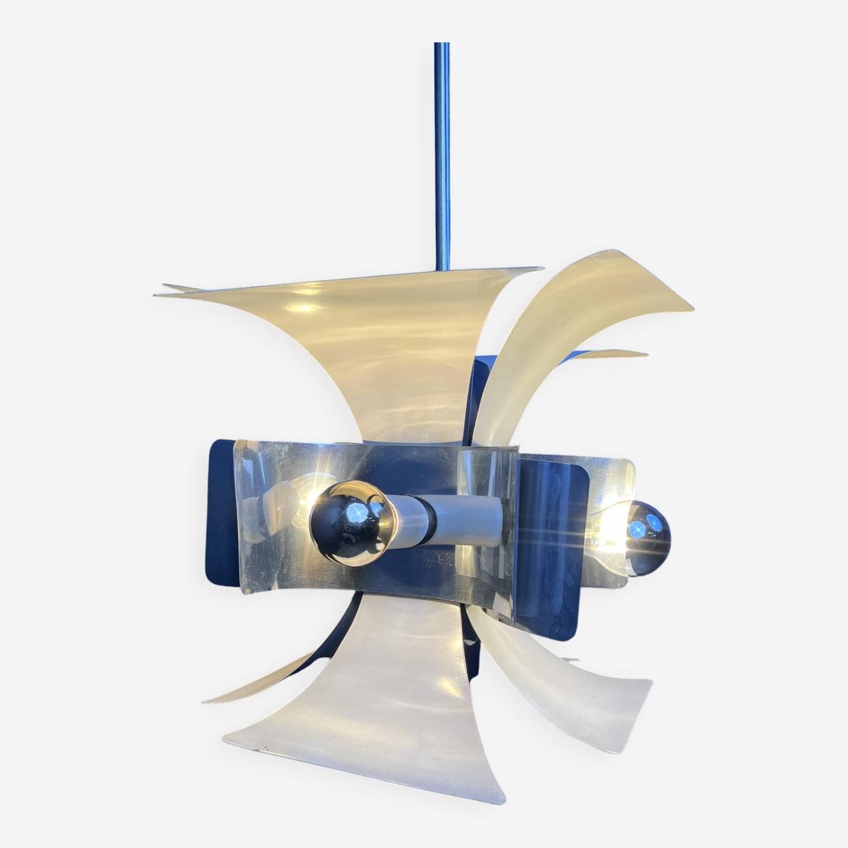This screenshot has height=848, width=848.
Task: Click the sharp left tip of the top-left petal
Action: [x=156, y=293]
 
